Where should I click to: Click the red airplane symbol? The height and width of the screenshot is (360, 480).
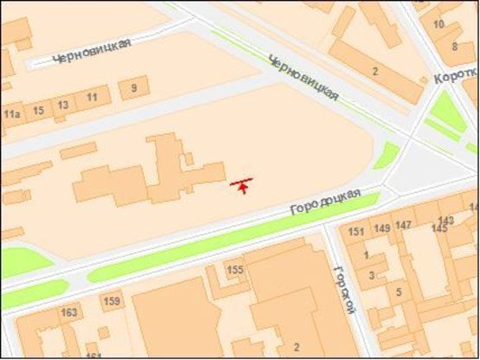click(x=244, y=183)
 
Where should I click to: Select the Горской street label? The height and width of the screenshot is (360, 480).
click(x=343, y=288)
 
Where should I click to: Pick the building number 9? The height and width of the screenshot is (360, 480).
click(x=133, y=87)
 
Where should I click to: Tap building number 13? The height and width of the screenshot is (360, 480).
click(x=63, y=105)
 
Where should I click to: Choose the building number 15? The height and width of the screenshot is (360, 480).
click(x=38, y=110)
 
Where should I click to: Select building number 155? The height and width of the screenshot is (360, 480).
click(x=234, y=270)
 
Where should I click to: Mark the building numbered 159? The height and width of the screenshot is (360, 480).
click(x=112, y=301)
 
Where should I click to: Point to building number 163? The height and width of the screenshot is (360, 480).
click(x=69, y=312)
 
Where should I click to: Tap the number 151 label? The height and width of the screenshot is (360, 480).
click(x=356, y=232)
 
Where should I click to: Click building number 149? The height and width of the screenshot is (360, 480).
click(x=381, y=228)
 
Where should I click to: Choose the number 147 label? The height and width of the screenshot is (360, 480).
click(x=403, y=225)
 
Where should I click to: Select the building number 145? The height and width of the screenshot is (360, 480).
click(x=440, y=228)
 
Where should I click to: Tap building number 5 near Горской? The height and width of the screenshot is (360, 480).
click(x=399, y=291)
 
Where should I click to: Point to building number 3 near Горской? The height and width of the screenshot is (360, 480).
click(x=372, y=275)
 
